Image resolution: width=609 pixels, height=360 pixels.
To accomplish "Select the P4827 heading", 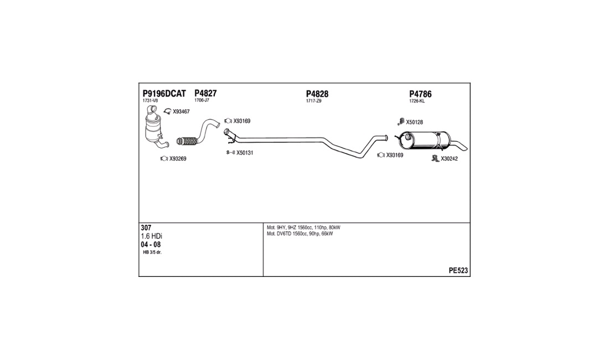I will (x=205, y=93).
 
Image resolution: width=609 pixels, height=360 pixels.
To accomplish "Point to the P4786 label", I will (x=420, y=94).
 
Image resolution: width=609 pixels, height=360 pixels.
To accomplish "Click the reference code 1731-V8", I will (x=150, y=101).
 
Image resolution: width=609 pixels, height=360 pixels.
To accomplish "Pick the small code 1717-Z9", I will (x=313, y=101).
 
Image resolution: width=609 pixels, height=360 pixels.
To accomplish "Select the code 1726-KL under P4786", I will (x=417, y=101).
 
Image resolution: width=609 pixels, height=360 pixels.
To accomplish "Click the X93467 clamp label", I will (x=181, y=112).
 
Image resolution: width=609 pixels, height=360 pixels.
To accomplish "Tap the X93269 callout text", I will (x=178, y=159).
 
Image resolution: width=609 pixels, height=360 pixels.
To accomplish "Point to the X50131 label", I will (x=245, y=153).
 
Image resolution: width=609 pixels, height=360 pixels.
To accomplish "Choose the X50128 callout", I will (x=414, y=122).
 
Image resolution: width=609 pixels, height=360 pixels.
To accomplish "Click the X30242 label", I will (x=449, y=159).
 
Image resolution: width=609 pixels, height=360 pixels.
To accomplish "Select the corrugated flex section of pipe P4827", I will (x=187, y=140).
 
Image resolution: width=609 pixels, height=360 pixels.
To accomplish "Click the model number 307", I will (x=146, y=228).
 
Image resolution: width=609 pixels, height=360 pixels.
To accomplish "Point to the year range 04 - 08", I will (x=151, y=244).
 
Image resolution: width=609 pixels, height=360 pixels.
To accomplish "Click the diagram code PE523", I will (x=458, y=271).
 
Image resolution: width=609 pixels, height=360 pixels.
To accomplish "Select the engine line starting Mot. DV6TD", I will (x=300, y=234).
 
